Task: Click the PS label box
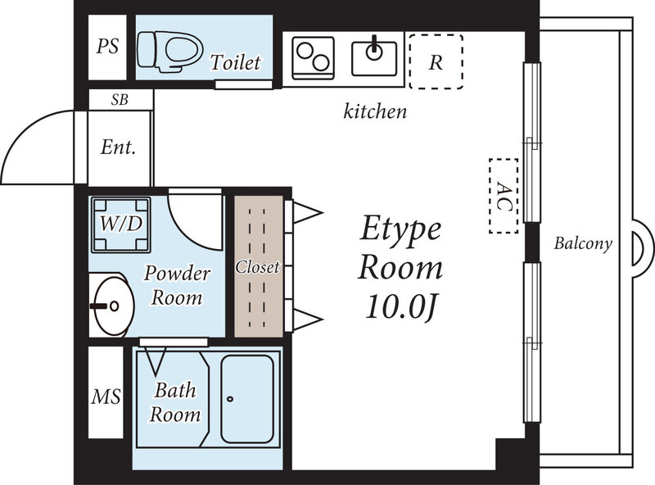tap(107, 46)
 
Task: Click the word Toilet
tap(236, 62)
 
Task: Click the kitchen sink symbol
tap(374, 56)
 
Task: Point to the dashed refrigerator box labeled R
tap(436, 61)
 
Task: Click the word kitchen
tap(374, 111)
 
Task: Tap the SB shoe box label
tap(120, 100)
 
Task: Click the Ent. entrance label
tap(118, 148)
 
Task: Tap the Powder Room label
tap(178, 285)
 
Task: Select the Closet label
tap(257, 267)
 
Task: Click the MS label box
tap(106, 398)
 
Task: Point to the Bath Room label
tap(174, 403)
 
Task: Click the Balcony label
tap(583, 243)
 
